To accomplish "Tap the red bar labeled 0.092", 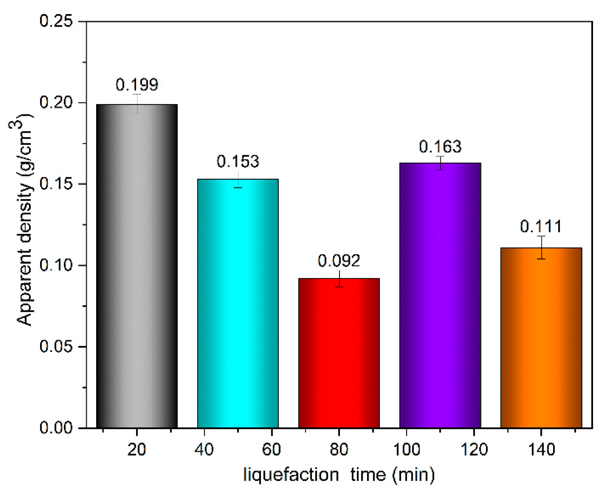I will point(339,353).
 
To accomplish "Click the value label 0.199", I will point(137,85).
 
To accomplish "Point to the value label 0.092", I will point(339,260).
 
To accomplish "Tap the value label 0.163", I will point(440,147).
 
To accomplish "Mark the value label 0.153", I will point(238,161).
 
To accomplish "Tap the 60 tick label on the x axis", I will point(271,449).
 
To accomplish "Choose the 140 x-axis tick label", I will point(541,449).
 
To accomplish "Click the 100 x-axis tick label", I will point(406,449).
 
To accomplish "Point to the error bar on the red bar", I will point(339,278).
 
